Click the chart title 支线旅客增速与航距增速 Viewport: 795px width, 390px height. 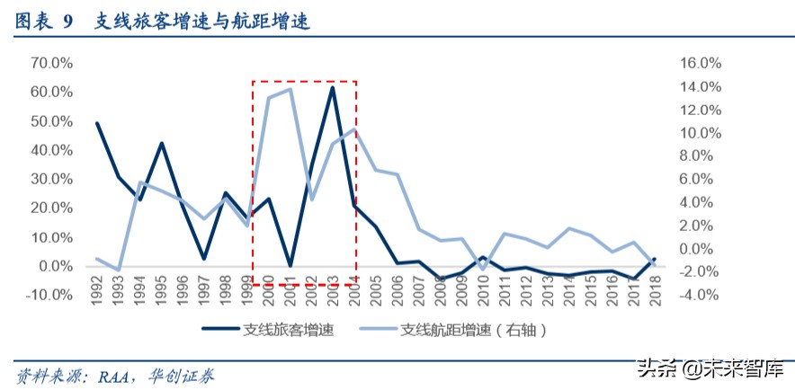pyautogui.click(x=203, y=22)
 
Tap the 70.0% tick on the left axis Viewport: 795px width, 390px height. pyautogui.click(x=51, y=63)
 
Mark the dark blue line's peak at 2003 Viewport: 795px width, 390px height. pyautogui.click(x=333, y=87)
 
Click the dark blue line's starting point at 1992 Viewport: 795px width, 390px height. pyautogui.click(x=96, y=123)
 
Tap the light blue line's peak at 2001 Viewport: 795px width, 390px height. pyautogui.click(x=290, y=89)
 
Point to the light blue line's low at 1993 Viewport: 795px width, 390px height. pyautogui.click(x=118, y=270)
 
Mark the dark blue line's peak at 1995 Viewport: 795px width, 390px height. pyautogui.click(x=161, y=144)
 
